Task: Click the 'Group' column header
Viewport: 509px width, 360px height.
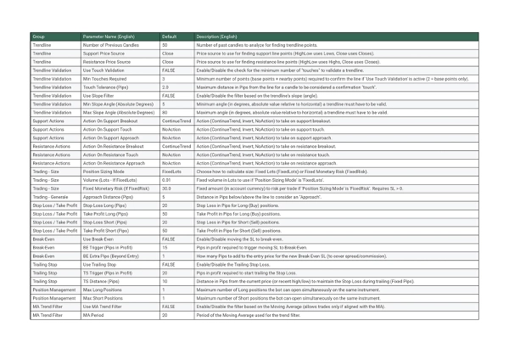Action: (39, 37)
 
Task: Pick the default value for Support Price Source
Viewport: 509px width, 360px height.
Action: (167, 54)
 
